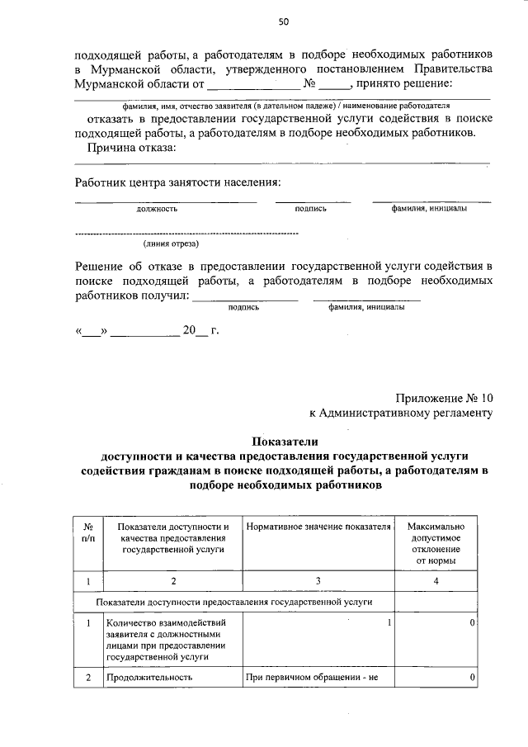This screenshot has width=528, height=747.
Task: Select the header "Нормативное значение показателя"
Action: (318, 527)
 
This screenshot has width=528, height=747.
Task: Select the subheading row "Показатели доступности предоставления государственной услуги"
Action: (235, 603)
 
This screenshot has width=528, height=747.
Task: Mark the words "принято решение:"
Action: (404, 83)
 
